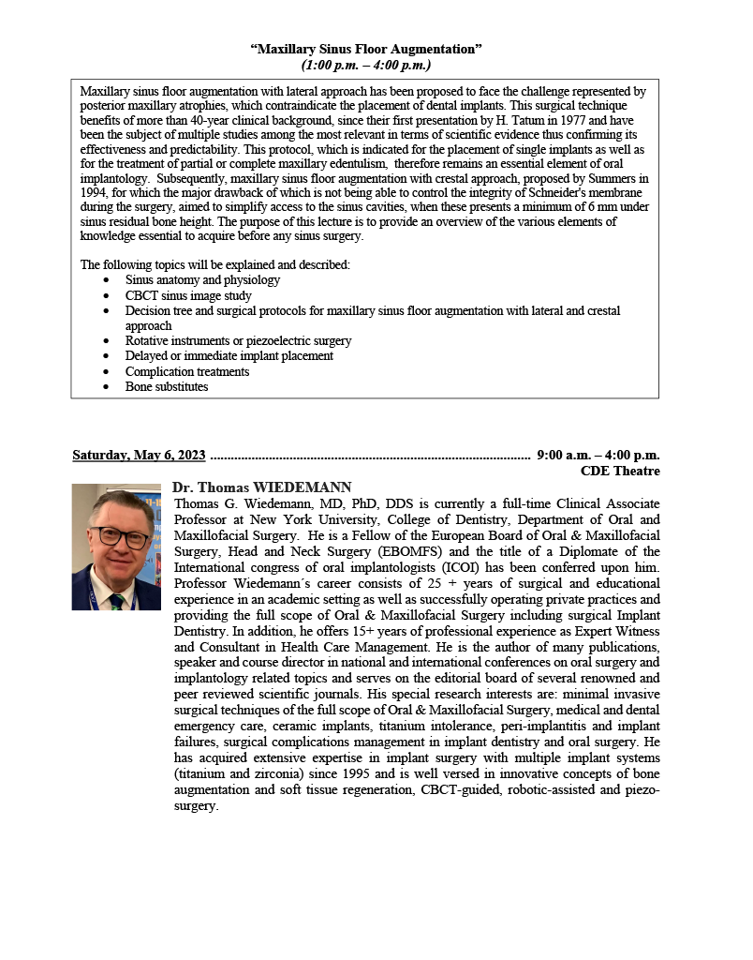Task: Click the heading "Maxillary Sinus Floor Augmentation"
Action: click(x=366, y=49)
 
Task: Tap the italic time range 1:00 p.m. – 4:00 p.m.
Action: click(x=366, y=65)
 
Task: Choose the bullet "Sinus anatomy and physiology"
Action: click(x=202, y=280)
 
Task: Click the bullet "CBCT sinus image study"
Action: click(x=188, y=295)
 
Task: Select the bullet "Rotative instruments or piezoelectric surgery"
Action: click(x=238, y=341)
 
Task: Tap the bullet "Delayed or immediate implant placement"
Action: click(x=229, y=356)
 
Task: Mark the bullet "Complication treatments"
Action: click(x=187, y=371)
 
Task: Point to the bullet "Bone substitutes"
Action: click(x=167, y=386)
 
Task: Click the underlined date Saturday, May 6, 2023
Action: click(x=139, y=456)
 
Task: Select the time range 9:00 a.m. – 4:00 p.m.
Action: click(x=598, y=456)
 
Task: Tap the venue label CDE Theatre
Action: click(x=620, y=471)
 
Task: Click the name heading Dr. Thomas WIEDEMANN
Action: click(x=262, y=487)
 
